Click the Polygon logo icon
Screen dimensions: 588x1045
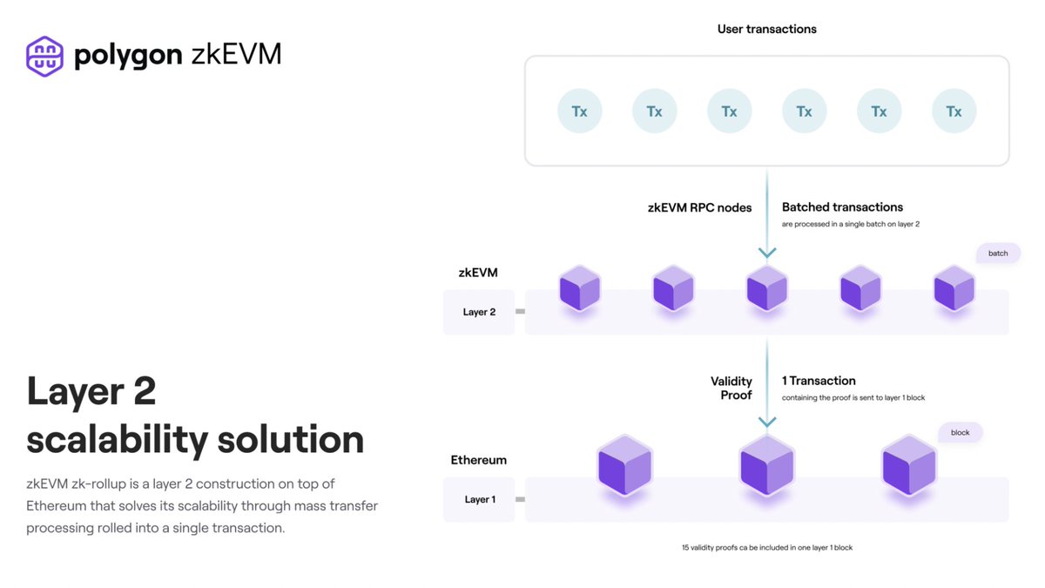point(44,56)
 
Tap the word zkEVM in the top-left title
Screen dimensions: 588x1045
point(236,55)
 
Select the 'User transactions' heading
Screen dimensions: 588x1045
point(766,30)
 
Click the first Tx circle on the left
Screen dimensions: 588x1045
point(579,112)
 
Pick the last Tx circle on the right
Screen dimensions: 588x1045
point(954,112)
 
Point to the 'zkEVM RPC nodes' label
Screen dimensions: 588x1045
point(699,207)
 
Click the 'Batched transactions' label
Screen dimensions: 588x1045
point(842,207)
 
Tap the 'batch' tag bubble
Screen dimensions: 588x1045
point(998,253)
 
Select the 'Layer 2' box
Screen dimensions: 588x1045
point(479,312)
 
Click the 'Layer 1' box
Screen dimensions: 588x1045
point(479,499)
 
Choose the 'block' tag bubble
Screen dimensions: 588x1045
point(960,432)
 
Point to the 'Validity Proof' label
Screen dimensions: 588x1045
point(731,388)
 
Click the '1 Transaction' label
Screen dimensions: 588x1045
point(819,381)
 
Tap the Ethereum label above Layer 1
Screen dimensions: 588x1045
point(478,460)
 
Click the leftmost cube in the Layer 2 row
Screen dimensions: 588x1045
point(579,288)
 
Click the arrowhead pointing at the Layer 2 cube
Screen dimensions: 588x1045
point(766,253)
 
